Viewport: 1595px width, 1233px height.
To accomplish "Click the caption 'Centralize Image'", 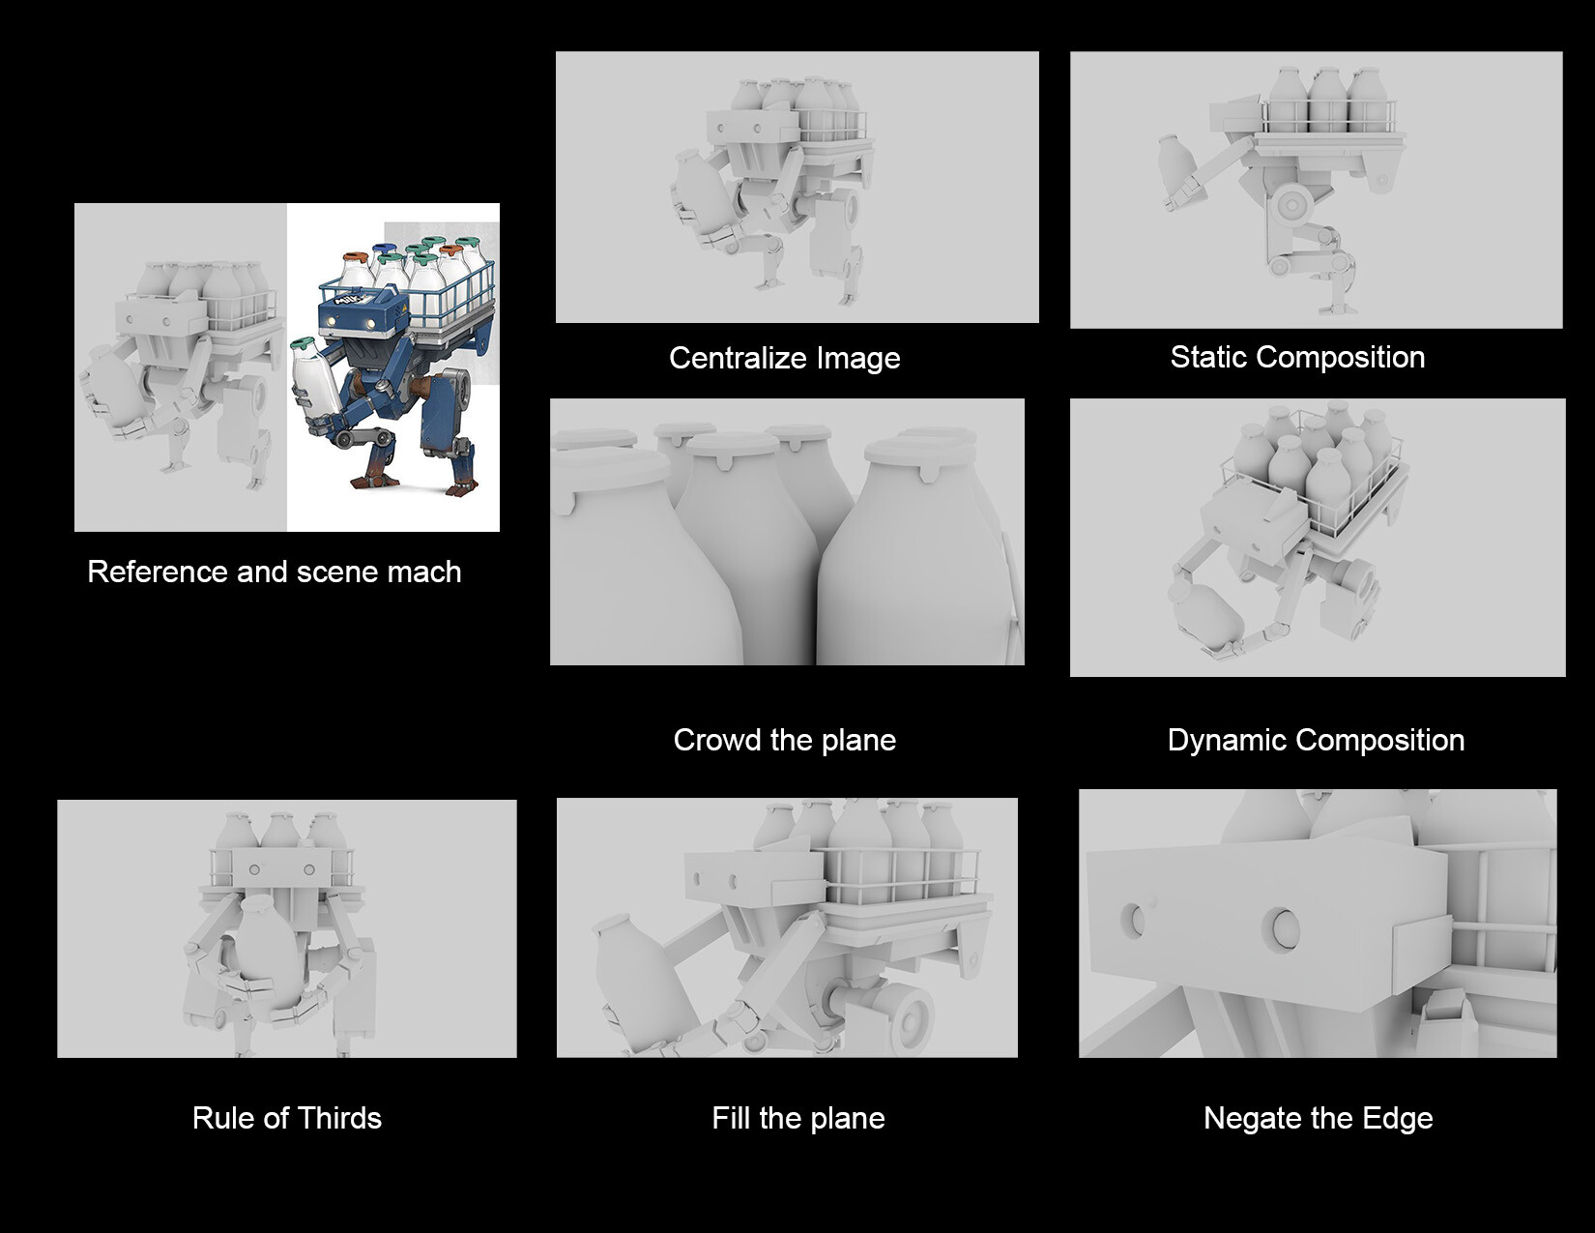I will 784,359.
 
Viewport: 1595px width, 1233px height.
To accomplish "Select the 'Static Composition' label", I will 1297,358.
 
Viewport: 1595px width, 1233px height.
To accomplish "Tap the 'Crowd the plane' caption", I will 784,741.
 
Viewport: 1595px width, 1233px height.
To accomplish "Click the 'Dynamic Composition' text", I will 1316,741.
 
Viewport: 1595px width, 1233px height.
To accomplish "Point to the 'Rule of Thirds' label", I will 287,1119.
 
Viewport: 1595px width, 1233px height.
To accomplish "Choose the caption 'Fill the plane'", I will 797,1119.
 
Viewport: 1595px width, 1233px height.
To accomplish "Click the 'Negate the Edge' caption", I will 1318,1119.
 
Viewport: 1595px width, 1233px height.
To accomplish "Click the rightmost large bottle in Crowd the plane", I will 919,561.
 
